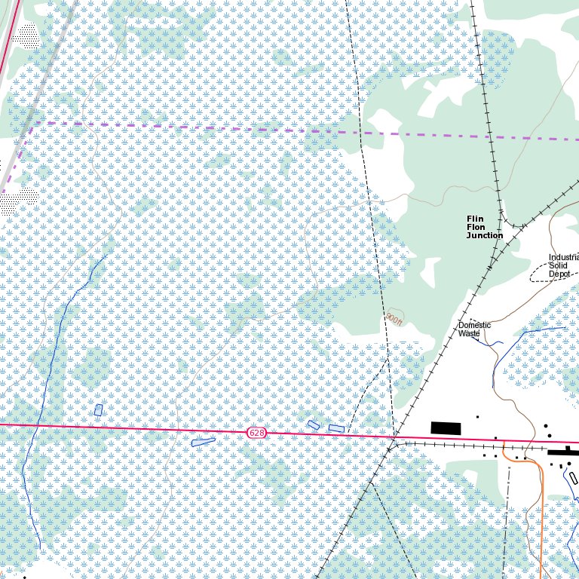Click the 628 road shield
click(x=257, y=433)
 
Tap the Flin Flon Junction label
click(x=484, y=227)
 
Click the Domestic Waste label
click(x=474, y=329)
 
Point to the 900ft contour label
click(x=394, y=320)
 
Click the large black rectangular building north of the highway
click(x=446, y=428)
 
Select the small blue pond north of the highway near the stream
click(x=98, y=409)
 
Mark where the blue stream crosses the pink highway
click(x=35, y=426)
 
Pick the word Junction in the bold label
click(x=484, y=236)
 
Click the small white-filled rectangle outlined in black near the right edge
click(x=573, y=478)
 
